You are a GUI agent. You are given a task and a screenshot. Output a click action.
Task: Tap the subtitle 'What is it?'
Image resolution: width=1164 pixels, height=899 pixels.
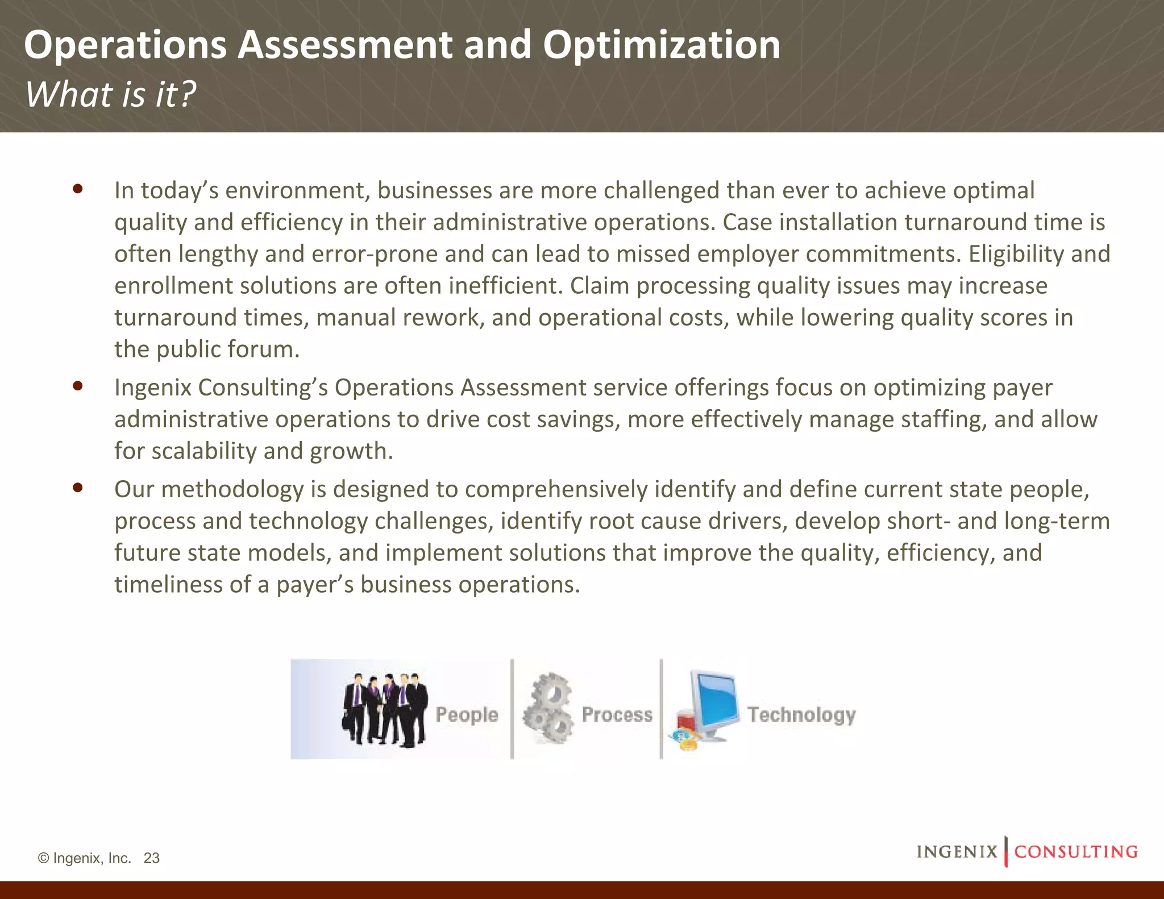coord(110,94)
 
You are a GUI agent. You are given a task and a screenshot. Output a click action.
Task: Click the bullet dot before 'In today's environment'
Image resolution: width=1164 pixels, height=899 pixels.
coord(78,189)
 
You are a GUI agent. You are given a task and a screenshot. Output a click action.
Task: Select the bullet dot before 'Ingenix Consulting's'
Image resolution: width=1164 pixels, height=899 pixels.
coord(78,386)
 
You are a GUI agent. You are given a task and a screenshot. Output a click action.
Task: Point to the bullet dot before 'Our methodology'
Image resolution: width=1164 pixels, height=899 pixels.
coord(78,488)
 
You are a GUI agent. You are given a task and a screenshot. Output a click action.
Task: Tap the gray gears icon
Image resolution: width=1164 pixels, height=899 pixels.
coord(548,709)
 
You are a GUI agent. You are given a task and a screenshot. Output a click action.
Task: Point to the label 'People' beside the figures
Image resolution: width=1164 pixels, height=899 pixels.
coord(467,715)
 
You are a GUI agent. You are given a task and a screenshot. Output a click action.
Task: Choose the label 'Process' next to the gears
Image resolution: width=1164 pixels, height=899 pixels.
coord(617,715)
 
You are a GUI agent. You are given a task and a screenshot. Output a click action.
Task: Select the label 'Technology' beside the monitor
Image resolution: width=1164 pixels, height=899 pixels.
coord(801,715)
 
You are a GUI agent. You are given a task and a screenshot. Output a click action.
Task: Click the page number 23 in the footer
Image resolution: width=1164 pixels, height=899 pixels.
coord(152,858)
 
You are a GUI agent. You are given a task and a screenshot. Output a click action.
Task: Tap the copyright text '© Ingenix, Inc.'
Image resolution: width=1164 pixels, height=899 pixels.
coord(84,858)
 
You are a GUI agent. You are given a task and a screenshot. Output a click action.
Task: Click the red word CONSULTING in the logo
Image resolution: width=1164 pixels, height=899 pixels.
coord(1076,852)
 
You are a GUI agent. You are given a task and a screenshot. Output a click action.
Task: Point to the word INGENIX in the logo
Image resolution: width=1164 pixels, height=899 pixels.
coord(957,852)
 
